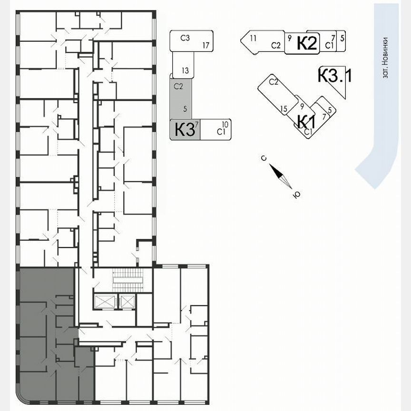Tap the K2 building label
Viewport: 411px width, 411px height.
(x=307, y=44)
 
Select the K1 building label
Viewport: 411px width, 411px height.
(x=304, y=121)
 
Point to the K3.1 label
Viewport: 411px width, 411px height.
(x=334, y=76)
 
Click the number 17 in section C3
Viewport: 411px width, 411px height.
(x=205, y=46)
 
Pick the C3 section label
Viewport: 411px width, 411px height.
(x=186, y=38)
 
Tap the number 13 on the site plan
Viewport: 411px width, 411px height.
(x=185, y=71)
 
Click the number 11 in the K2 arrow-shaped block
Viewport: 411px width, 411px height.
(x=253, y=38)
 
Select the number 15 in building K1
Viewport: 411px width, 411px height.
(x=284, y=109)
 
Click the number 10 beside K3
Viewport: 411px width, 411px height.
(x=225, y=125)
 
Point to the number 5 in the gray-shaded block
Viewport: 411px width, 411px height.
(x=185, y=109)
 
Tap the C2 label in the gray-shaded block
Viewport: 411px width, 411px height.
(x=178, y=86)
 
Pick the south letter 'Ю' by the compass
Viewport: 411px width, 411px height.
(x=297, y=194)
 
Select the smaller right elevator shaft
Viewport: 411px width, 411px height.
(x=127, y=301)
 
